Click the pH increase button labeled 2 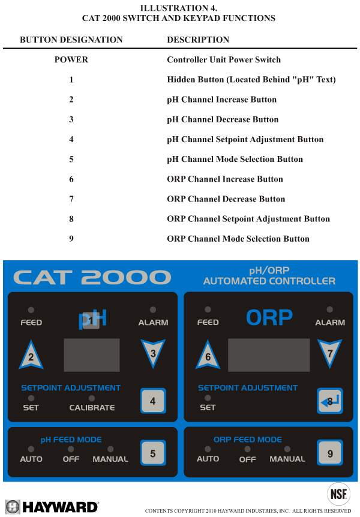tap(31, 356)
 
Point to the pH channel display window tap(92, 354)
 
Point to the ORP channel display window tap(269, 354)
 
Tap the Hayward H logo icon tap(12, 507)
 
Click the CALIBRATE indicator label tap(92, 408)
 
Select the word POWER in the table tap(71, 60)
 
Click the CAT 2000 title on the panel tap(92, 277)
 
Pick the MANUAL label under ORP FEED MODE tap(287, 459)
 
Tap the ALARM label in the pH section tap(153, 323)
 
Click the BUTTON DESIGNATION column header tap(71, 40)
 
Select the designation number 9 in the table tap(71, 239)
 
